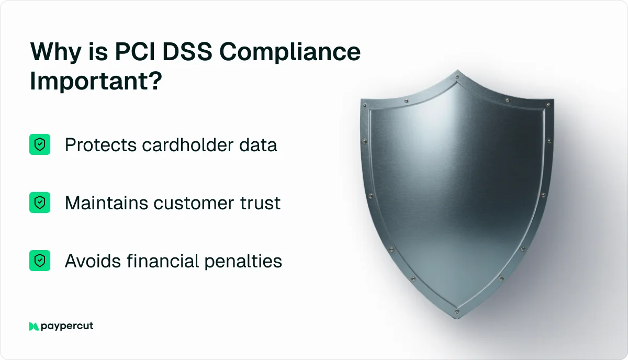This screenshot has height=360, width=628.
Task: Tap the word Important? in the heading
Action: click(95, 82)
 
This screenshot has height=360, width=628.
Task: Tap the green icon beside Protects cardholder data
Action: click(40, 144)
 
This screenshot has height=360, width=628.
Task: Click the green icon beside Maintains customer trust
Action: click(40, 203)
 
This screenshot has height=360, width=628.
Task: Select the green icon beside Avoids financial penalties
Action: click(40, 260)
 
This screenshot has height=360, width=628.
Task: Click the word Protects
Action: click(100, 145)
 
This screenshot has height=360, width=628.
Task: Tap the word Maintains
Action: click(106, 203)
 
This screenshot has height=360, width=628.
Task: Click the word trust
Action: click(263, 203)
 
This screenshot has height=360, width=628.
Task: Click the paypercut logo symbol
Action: click(34, 326)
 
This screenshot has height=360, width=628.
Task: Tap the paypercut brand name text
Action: click(68, 327)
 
